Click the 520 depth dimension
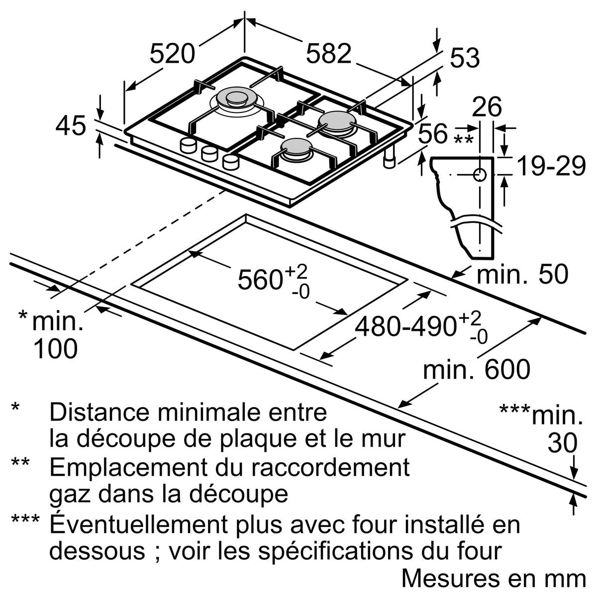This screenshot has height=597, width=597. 172,54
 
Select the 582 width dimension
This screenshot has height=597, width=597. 328,54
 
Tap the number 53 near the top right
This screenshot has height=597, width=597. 465,59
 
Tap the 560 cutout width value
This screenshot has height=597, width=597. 260,280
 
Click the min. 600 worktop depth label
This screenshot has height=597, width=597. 477,369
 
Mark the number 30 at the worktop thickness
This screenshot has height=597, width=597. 563,443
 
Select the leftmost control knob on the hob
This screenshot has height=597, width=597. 189,145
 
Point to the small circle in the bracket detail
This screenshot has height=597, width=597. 480,175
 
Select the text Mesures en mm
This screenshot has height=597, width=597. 494,578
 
